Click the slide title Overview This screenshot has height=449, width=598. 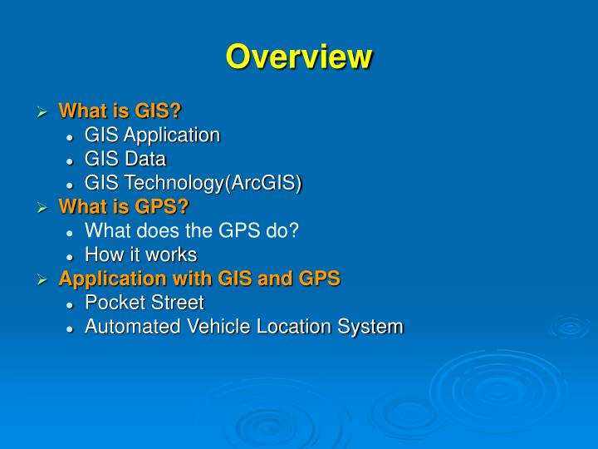(x=299, y=57)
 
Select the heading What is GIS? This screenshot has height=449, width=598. (x=120, y=111)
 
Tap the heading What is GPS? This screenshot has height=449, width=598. (x=124, y=207)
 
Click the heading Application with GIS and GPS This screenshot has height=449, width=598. (x=199, y=279)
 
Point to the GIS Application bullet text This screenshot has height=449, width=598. (x=152, y=136)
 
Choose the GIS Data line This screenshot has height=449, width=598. (x=125, y=160)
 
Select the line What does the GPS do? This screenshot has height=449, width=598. (x=191, y=231)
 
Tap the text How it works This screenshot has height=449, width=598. (x=140, y=255)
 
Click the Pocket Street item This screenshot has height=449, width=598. (x=144, y=303)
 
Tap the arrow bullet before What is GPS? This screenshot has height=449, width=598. (x=43, y=208)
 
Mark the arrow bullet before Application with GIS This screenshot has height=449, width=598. (x=43, y=280)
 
